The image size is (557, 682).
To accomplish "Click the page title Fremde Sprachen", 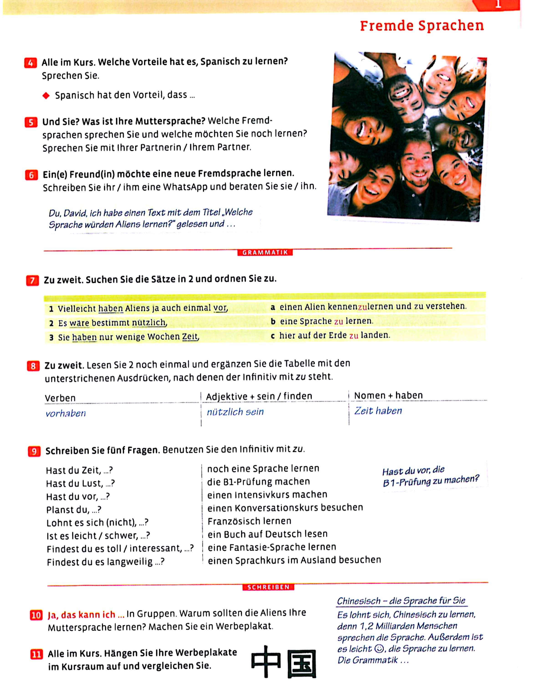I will [422, 26].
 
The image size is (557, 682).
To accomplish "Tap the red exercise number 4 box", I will [31, 63].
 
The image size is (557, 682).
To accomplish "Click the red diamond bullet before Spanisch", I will [46, 95].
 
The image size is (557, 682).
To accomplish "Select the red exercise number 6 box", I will [31, 175].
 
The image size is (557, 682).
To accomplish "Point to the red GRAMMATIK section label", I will [265, 253].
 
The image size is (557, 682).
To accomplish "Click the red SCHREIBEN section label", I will [268, 587].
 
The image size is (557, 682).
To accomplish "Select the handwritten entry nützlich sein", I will [235, 412].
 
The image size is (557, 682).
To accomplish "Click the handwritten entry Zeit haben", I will [378, 411].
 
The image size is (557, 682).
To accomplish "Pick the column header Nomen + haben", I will [388, 396].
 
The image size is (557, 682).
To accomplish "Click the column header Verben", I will [60, 398].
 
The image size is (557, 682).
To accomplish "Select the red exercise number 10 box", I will [36, 615].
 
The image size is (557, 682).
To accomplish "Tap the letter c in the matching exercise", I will [273, 336].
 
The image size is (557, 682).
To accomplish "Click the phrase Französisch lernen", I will [249, 521].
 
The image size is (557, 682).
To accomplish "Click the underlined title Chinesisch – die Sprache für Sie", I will [401, 601].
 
